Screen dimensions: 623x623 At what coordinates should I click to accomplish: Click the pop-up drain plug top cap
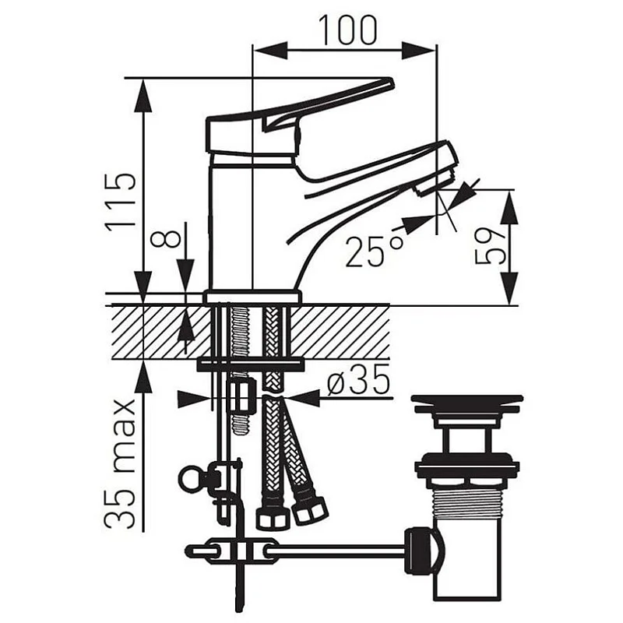point(466,405)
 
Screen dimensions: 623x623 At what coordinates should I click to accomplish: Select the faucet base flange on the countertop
point(252,297)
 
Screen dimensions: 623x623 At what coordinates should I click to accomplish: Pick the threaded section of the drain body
point(466,506)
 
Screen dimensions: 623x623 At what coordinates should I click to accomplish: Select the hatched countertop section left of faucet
point(156,331)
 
